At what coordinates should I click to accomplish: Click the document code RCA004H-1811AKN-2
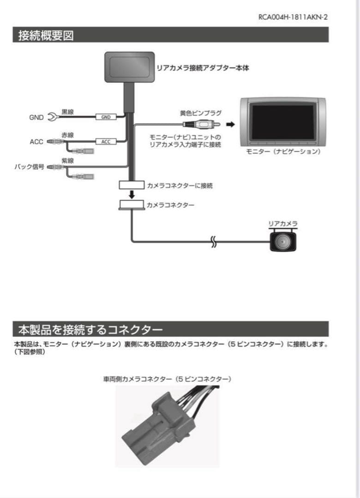(293, 17)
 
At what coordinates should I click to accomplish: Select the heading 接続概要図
(46, 36)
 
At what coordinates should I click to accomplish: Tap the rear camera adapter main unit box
(129, 67)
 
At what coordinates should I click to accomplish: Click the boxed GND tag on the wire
(106, 117)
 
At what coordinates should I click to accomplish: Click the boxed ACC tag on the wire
(106, 142)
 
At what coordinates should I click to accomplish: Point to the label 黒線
(68, 111)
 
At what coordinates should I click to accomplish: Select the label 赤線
(68, 135)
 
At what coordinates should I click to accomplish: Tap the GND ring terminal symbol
(53, 118)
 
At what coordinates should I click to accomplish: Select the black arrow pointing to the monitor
(230, 124)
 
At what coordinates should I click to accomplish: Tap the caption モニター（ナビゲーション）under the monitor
(282, 151)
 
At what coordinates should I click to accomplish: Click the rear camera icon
(282, 240)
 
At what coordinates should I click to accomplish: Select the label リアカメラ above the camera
(282, 224)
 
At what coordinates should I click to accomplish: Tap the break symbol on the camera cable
(213, 241)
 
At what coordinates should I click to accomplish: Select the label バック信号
(29, 167)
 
